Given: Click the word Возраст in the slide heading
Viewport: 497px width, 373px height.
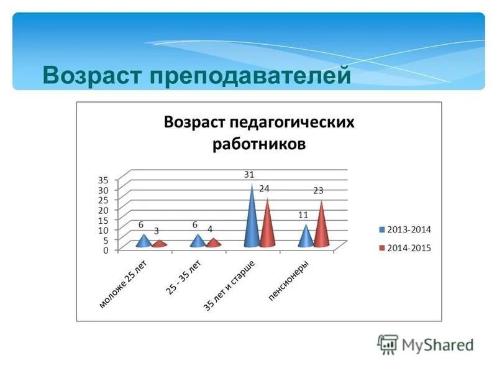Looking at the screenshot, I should [92, 76].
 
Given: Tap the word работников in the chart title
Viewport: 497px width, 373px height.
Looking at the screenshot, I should [259, 144].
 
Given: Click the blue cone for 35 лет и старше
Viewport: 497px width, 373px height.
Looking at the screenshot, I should [252, 221].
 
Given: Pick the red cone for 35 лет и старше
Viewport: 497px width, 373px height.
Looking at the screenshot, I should [267, 227].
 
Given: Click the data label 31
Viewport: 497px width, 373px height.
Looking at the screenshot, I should [249, 175].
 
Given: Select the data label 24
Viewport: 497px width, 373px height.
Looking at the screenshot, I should [264, 188].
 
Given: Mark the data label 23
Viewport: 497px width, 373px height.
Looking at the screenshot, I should [319, 190].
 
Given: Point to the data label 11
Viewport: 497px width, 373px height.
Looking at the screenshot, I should [303, 214].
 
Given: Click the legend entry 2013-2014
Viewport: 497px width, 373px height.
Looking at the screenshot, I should [408, 229].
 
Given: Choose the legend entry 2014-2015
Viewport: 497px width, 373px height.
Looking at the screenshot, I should [408, 247].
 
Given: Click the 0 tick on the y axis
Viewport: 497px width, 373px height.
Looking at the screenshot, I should [106, 250].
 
